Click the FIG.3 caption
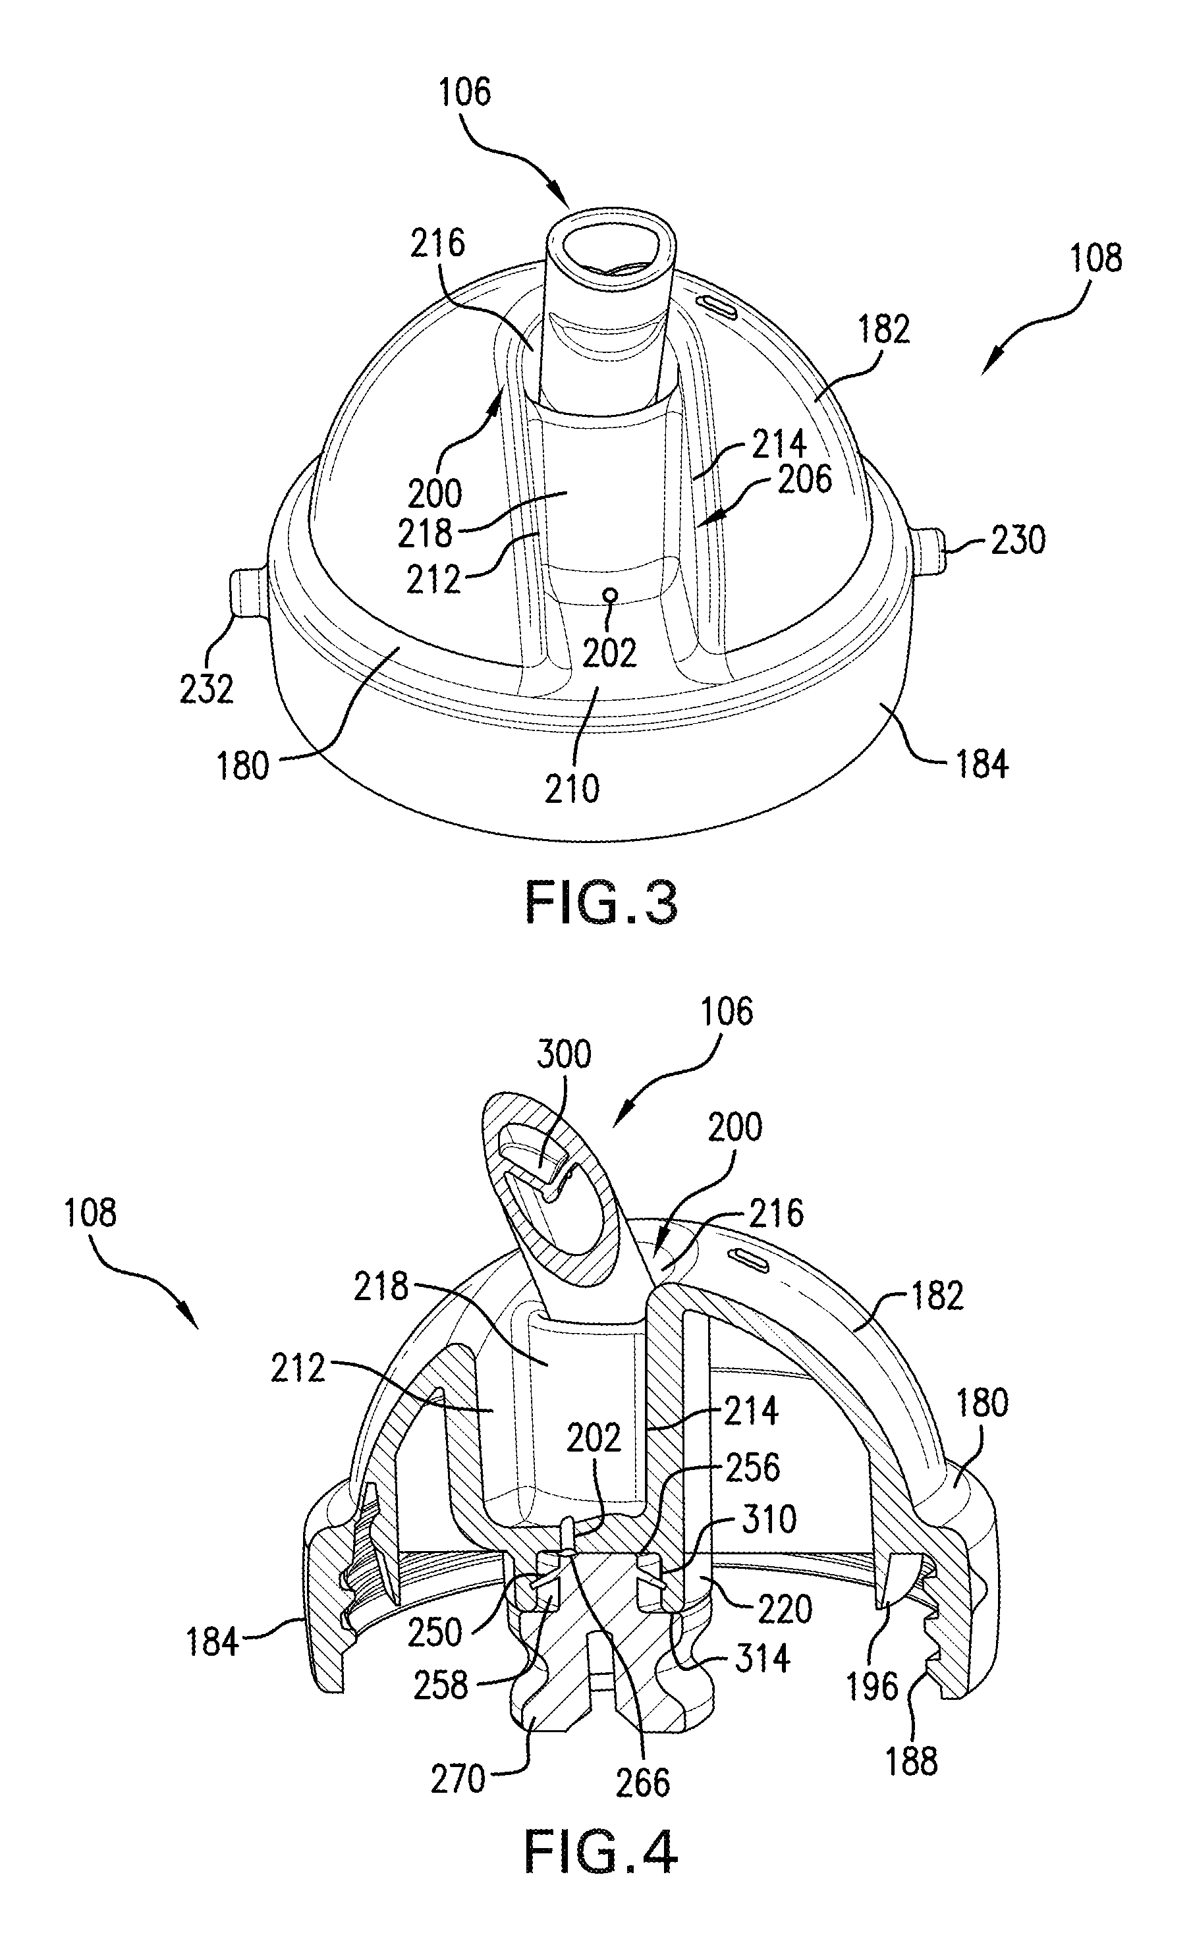coord(600,903)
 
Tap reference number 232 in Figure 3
coord(207,690)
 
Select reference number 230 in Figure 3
coord(1018,541)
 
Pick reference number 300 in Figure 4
coord(564,1054)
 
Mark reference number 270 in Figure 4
coord(458,1756)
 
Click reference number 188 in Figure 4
coord(912,1761)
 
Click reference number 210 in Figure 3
coord(572,789)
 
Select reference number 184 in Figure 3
coord(982,764)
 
